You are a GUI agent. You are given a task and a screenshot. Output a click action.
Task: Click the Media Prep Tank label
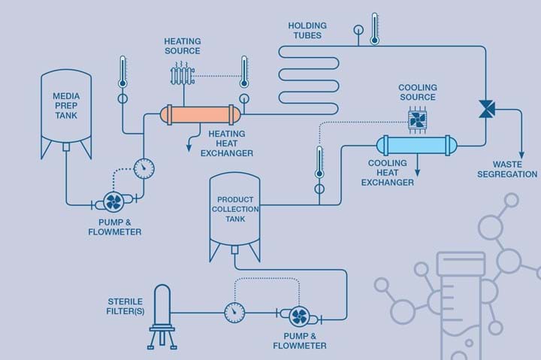tap(65, 107)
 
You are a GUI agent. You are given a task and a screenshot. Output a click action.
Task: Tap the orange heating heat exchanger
tap(200, 114)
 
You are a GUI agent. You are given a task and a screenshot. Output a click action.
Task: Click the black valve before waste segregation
tap(485, 109)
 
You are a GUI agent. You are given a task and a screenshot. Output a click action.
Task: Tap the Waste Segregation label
tap(515, 169)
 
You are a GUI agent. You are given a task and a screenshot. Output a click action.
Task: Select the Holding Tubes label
tap(307, 30)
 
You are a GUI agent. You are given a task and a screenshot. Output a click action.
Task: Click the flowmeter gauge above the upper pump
tap(143, 166)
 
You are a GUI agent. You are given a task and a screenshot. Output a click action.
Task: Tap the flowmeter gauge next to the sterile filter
tap(234, 310)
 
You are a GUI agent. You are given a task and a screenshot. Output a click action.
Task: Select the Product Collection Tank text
tap(234, 208)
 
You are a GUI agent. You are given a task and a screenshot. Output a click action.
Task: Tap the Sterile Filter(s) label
tap(125, 307)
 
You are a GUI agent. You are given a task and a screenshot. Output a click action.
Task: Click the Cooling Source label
tap(417, 92)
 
